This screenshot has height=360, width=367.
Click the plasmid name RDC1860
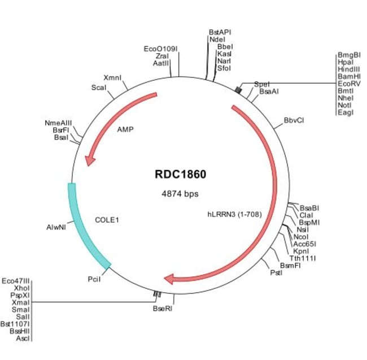(180, 174)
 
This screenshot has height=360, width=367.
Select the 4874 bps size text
(180, 194)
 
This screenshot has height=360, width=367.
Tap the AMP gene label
(125, 129)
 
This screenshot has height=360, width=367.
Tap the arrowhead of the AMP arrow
(89, 161)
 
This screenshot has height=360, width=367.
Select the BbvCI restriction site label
(294, 120)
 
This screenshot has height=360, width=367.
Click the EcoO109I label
(161, 49)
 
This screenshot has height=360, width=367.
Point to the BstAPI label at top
(220, 33)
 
